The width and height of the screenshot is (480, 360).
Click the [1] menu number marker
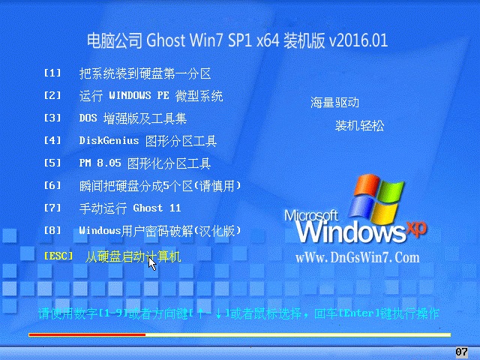(x=52, y=73)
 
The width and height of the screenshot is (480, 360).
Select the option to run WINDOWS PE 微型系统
(x=151, y=96)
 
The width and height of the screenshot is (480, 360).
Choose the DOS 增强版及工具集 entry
(x=133, y=118)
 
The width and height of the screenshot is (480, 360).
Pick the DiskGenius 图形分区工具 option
(x=148, y=141)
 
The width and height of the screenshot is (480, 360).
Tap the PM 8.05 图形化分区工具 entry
(x=145, y=163)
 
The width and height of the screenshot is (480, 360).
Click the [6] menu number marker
(x=52, y=185)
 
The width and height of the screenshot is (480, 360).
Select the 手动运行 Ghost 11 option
(x=130, y=208)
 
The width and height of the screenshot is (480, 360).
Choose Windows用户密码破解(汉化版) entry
(x=160, y=231)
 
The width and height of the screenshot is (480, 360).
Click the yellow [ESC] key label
(x=58, y=256)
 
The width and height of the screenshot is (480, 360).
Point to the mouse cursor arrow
(x=151, y=264)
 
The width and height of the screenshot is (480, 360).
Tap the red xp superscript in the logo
(x=416, y=228)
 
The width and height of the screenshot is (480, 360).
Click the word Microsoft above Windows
(x=311, y=215)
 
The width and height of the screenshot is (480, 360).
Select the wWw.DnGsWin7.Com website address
(x=358, y=258)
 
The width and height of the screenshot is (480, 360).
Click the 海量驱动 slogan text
(x=334, y=103)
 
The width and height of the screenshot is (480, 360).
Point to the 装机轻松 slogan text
(x=359, y=125)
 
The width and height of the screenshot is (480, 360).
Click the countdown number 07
(x=461, y=352)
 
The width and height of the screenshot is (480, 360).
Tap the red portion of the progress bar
(x=87, y=335)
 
